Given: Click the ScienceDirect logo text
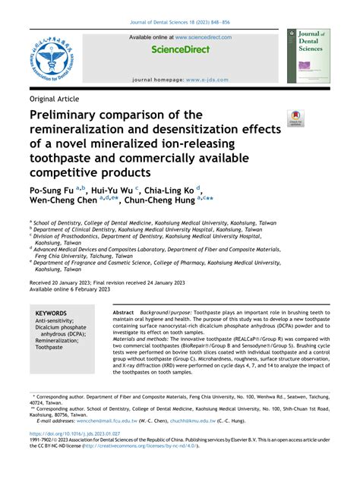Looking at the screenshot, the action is click(179, 50).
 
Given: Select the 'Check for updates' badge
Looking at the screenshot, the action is click(295, 118).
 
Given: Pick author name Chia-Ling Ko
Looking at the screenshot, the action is click(169, 191).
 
